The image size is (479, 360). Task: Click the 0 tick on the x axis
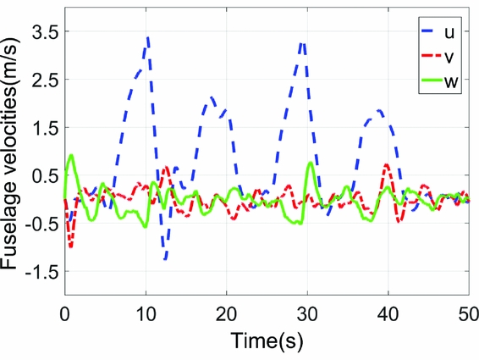pos(64,312)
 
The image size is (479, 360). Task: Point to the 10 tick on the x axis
pos(146,312)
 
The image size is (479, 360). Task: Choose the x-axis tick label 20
pos(226,312)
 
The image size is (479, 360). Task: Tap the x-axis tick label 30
pos(306,312)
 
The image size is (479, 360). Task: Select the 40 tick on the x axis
pos(387,312)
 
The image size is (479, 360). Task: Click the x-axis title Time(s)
pos(266,341)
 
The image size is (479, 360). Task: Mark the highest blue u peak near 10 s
pos(148,37)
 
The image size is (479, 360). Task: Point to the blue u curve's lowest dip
pos(165,259)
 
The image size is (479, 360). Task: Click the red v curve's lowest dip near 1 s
pos(71,246)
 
